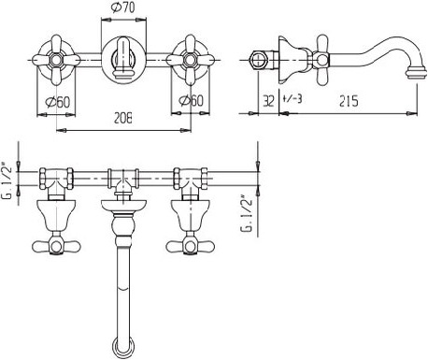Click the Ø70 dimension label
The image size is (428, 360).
pyautogui.click(x=122, y=7)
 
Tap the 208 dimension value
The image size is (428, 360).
pyautogui.click(x=122, y=119)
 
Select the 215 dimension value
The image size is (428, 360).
pyautogui.click(x=349, y=101)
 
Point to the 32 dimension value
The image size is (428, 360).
pyautogui.click(x=268, y=101)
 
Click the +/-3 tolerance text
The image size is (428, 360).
pyautogui.click(x=292, y=99)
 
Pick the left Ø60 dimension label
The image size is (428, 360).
pyautogui.click(x=57, y=102)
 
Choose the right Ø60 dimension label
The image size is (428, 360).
pyautogui.click(x=191, y=100)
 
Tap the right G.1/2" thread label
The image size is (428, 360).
pyautogui.click(x=247, y=213)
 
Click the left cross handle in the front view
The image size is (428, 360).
pyautogui.click(x=56, y=60)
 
